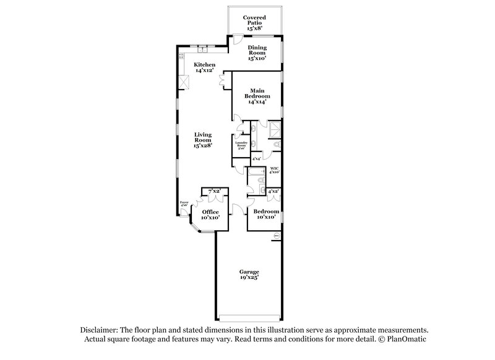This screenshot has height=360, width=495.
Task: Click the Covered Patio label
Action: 254,23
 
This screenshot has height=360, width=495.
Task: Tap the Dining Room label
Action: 257,53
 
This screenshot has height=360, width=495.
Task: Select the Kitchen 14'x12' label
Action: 205,67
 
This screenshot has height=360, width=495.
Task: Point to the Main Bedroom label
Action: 256,95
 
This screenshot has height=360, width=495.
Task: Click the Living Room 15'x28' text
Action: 204,140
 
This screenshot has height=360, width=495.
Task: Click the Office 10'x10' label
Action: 210,215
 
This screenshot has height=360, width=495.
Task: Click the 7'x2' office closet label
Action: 215,191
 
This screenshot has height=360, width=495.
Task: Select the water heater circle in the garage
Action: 277,235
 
